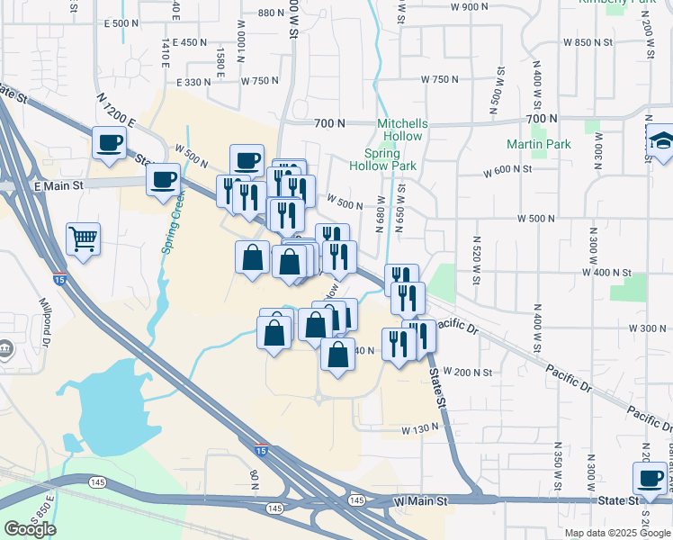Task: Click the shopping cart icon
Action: (83, 239)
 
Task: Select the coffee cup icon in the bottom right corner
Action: (649, 478)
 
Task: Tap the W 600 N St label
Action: (510, 171)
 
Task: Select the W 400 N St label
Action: (611, 272)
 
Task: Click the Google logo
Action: (30, 529)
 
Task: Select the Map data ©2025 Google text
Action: (617, 533)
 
